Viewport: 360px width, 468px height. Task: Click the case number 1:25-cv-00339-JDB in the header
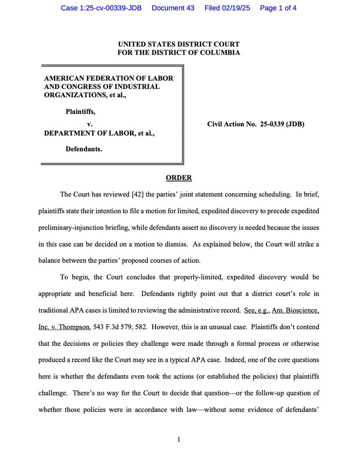(101, 8)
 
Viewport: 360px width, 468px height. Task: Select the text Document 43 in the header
(173, 8)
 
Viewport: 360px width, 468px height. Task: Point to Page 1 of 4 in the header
(278, 8)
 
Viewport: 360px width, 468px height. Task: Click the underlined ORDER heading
(179, 178)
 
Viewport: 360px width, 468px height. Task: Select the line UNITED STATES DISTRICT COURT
(179, 44)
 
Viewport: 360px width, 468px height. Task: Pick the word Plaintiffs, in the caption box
(81, 111)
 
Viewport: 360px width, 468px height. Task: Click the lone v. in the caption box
(90, 124)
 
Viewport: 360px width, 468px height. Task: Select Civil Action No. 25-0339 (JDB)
(256, 124)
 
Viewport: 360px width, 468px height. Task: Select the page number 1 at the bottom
(179, 439)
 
